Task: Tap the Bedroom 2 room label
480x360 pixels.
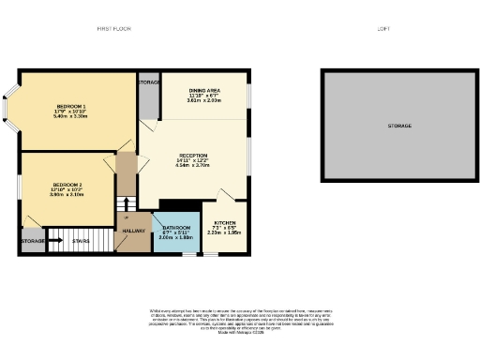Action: pyautogui.click(x=67, y=184)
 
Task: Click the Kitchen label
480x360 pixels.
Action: pyautogui.click(x=225, y=223)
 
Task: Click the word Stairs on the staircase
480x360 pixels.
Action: pyautogui.click(x=81, y=242)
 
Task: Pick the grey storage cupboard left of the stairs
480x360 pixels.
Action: pyautogui.click(x=32, y=241)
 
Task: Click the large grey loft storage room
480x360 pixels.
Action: pyautogui.click(x=399, y=126)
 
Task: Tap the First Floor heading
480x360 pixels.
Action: pyautogui.click(x=114, y=29)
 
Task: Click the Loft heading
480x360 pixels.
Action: pyautogui.click(x=383, y=29)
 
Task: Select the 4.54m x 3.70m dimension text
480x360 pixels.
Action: pyautogui.click(x=192, y=166)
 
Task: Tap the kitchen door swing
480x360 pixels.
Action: pyautogui.click(x=225, y=199)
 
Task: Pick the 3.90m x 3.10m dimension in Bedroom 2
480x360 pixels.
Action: pyautogui.click(x=67, y=194)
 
